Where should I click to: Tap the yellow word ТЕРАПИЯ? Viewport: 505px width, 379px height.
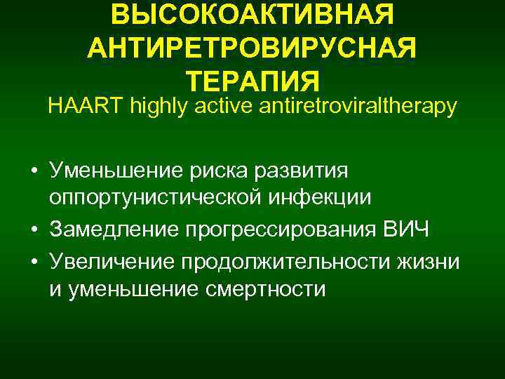pos(252,79)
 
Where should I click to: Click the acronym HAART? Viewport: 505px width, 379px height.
pos(77,107)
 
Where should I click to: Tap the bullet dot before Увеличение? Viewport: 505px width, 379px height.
pos(34,262)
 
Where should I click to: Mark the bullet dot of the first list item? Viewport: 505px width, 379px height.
pos(34,171)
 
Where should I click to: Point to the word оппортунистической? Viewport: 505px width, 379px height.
pos(156,200)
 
